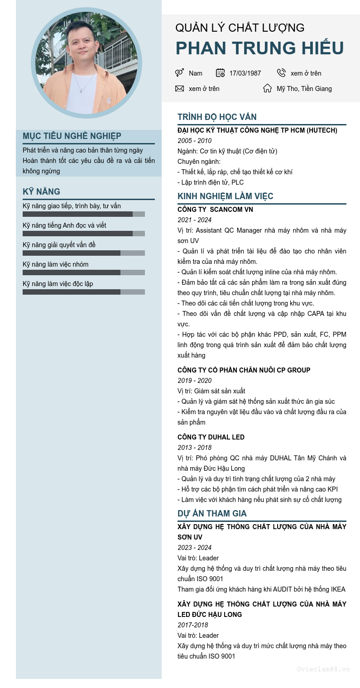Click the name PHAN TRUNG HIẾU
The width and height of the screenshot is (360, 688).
pyautogui.click(x=259, y=48)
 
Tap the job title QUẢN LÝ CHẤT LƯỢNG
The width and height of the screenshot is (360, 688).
pyautogui.click(x=240, y=28)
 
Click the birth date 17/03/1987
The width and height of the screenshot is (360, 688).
pyautogui.click(x=245, y=73)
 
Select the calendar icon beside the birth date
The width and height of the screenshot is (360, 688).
pyautogui.click(x=221, y=73)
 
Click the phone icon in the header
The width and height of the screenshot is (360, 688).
pyautogui.click(x=281, y=73)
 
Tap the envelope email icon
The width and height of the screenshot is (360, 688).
pyautogui.click(x=179, y=88)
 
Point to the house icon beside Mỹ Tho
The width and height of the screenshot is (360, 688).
pyautogui.click(x=268, y=88)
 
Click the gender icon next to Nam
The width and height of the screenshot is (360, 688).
pyautogui.click(x=179, y=73)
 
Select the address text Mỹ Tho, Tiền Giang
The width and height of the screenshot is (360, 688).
pyautogui.click(x=304, y=89)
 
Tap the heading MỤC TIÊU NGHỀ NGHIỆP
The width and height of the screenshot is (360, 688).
pyautogui.click(x=72, y=136)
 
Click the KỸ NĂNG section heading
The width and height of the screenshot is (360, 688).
pyautogui.click(x=41, y=191)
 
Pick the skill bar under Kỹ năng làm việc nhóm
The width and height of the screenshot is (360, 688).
pyautogui.click(x=84, y=272)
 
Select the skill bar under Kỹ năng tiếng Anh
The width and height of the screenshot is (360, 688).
pyautogui.click(x=84, y=234)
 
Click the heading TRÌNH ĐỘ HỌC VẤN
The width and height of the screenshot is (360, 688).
pyautogui.click(x=217, y=117)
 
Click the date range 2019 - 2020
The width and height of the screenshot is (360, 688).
pyautogui.click(x=194, y=381)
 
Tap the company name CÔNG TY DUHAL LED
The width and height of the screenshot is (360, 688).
pyautogui.click(x=211, y=437)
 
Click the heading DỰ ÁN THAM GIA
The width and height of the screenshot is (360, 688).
pyautogui.click(x=212, y=514)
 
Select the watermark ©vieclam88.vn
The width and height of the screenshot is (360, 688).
pyautogui.click(x=323, y=669)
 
